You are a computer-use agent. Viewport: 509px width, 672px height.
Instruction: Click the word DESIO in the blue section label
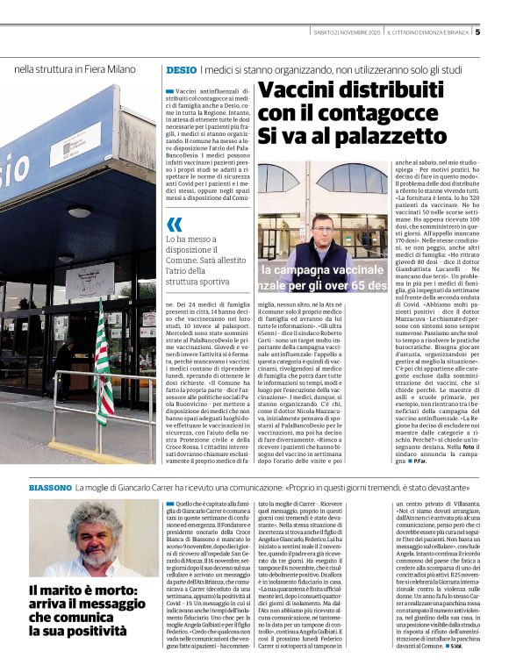click(x=180, y=69)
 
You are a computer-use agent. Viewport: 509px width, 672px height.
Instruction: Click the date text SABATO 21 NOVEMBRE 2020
click(x=347, y=33)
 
